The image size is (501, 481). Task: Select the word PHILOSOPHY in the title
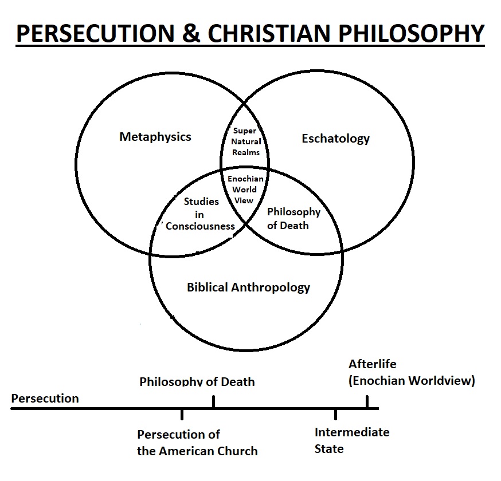click(409, 34)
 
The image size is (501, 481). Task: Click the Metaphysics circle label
click(155, 137)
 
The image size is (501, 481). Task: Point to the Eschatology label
click(335, 139)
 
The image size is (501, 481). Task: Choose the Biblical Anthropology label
click(248, 287)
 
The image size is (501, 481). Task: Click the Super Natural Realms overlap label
click(246, 141)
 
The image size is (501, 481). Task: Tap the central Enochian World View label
click(245, 190)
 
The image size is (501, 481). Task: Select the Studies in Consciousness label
click(201, 214)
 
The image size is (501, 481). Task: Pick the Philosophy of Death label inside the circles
click(293, 218)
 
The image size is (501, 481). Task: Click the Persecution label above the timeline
click(45, 398)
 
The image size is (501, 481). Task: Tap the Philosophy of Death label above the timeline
click(197, 381)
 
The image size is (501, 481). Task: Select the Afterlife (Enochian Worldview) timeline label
click(412, 373)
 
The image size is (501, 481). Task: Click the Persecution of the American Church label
click(197, 443)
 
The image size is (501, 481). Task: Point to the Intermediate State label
click(351, 440)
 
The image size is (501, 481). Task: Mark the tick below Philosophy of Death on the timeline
click(213, 402)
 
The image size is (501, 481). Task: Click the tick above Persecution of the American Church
click(182, 415)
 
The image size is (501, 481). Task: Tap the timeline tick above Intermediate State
click(335, 415)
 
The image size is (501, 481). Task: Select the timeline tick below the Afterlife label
click(367, 402)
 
